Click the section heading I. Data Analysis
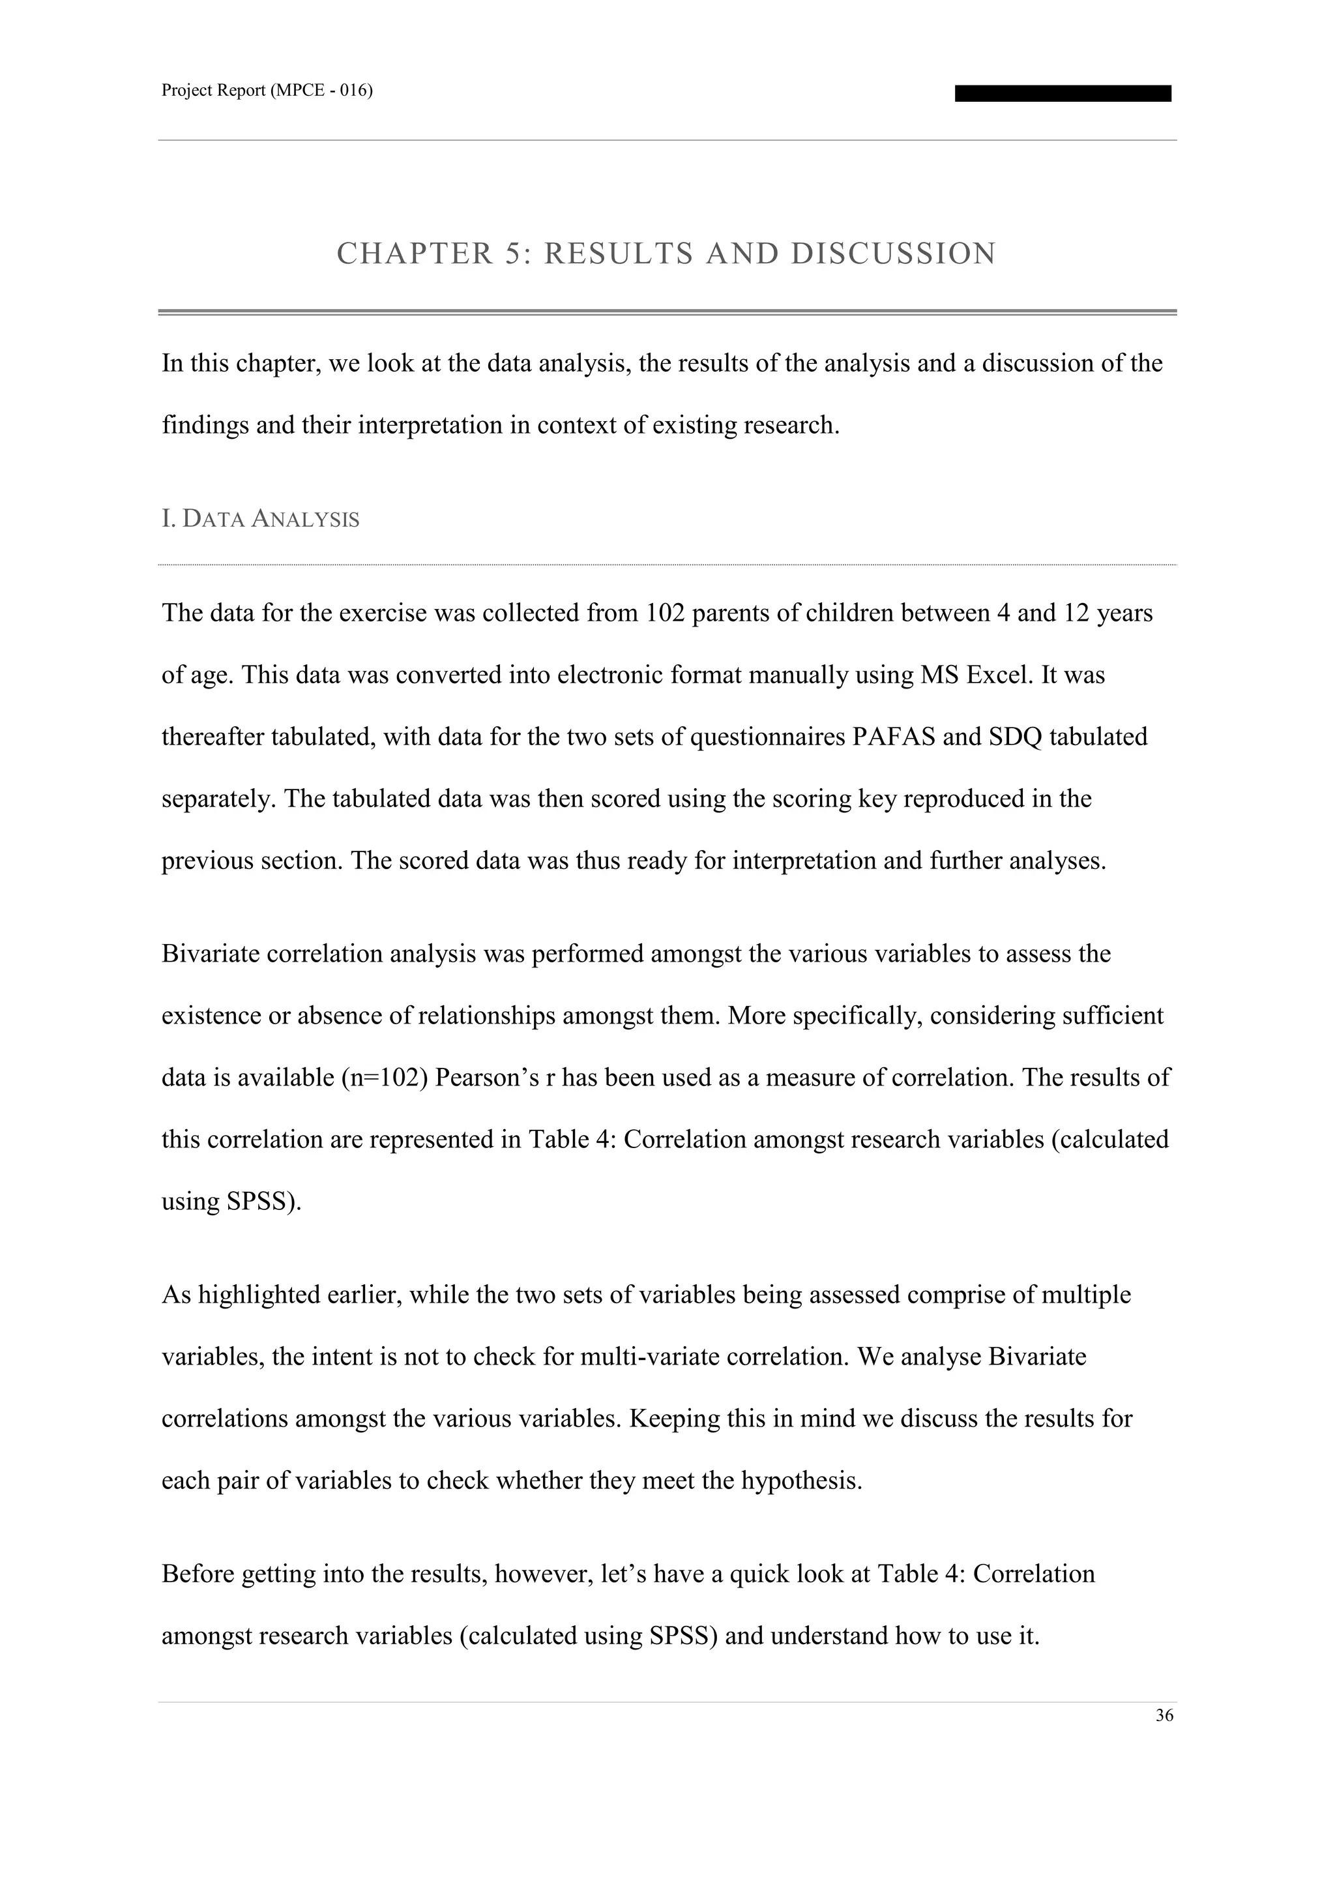coord(261,520)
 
